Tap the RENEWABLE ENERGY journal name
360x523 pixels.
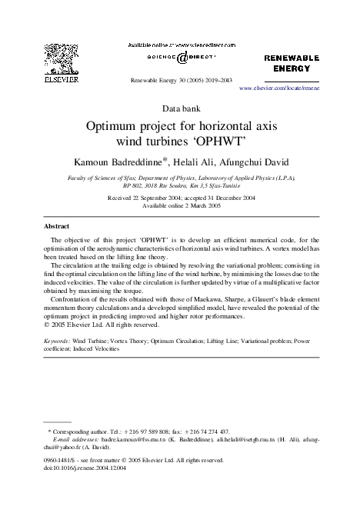tap(292, 62)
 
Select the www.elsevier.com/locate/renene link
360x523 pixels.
tap(279, 88)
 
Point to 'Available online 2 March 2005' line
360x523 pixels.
tap(180, 205)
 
